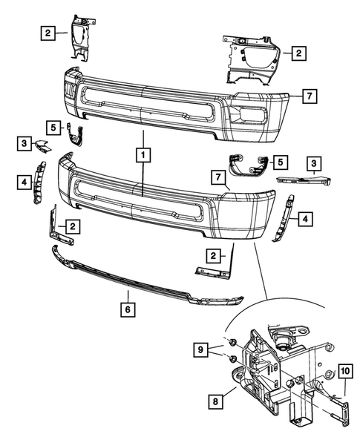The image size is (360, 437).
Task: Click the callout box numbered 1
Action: (141, 155)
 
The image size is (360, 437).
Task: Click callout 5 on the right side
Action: (279, 160)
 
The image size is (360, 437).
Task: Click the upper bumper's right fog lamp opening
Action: (249, 114)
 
